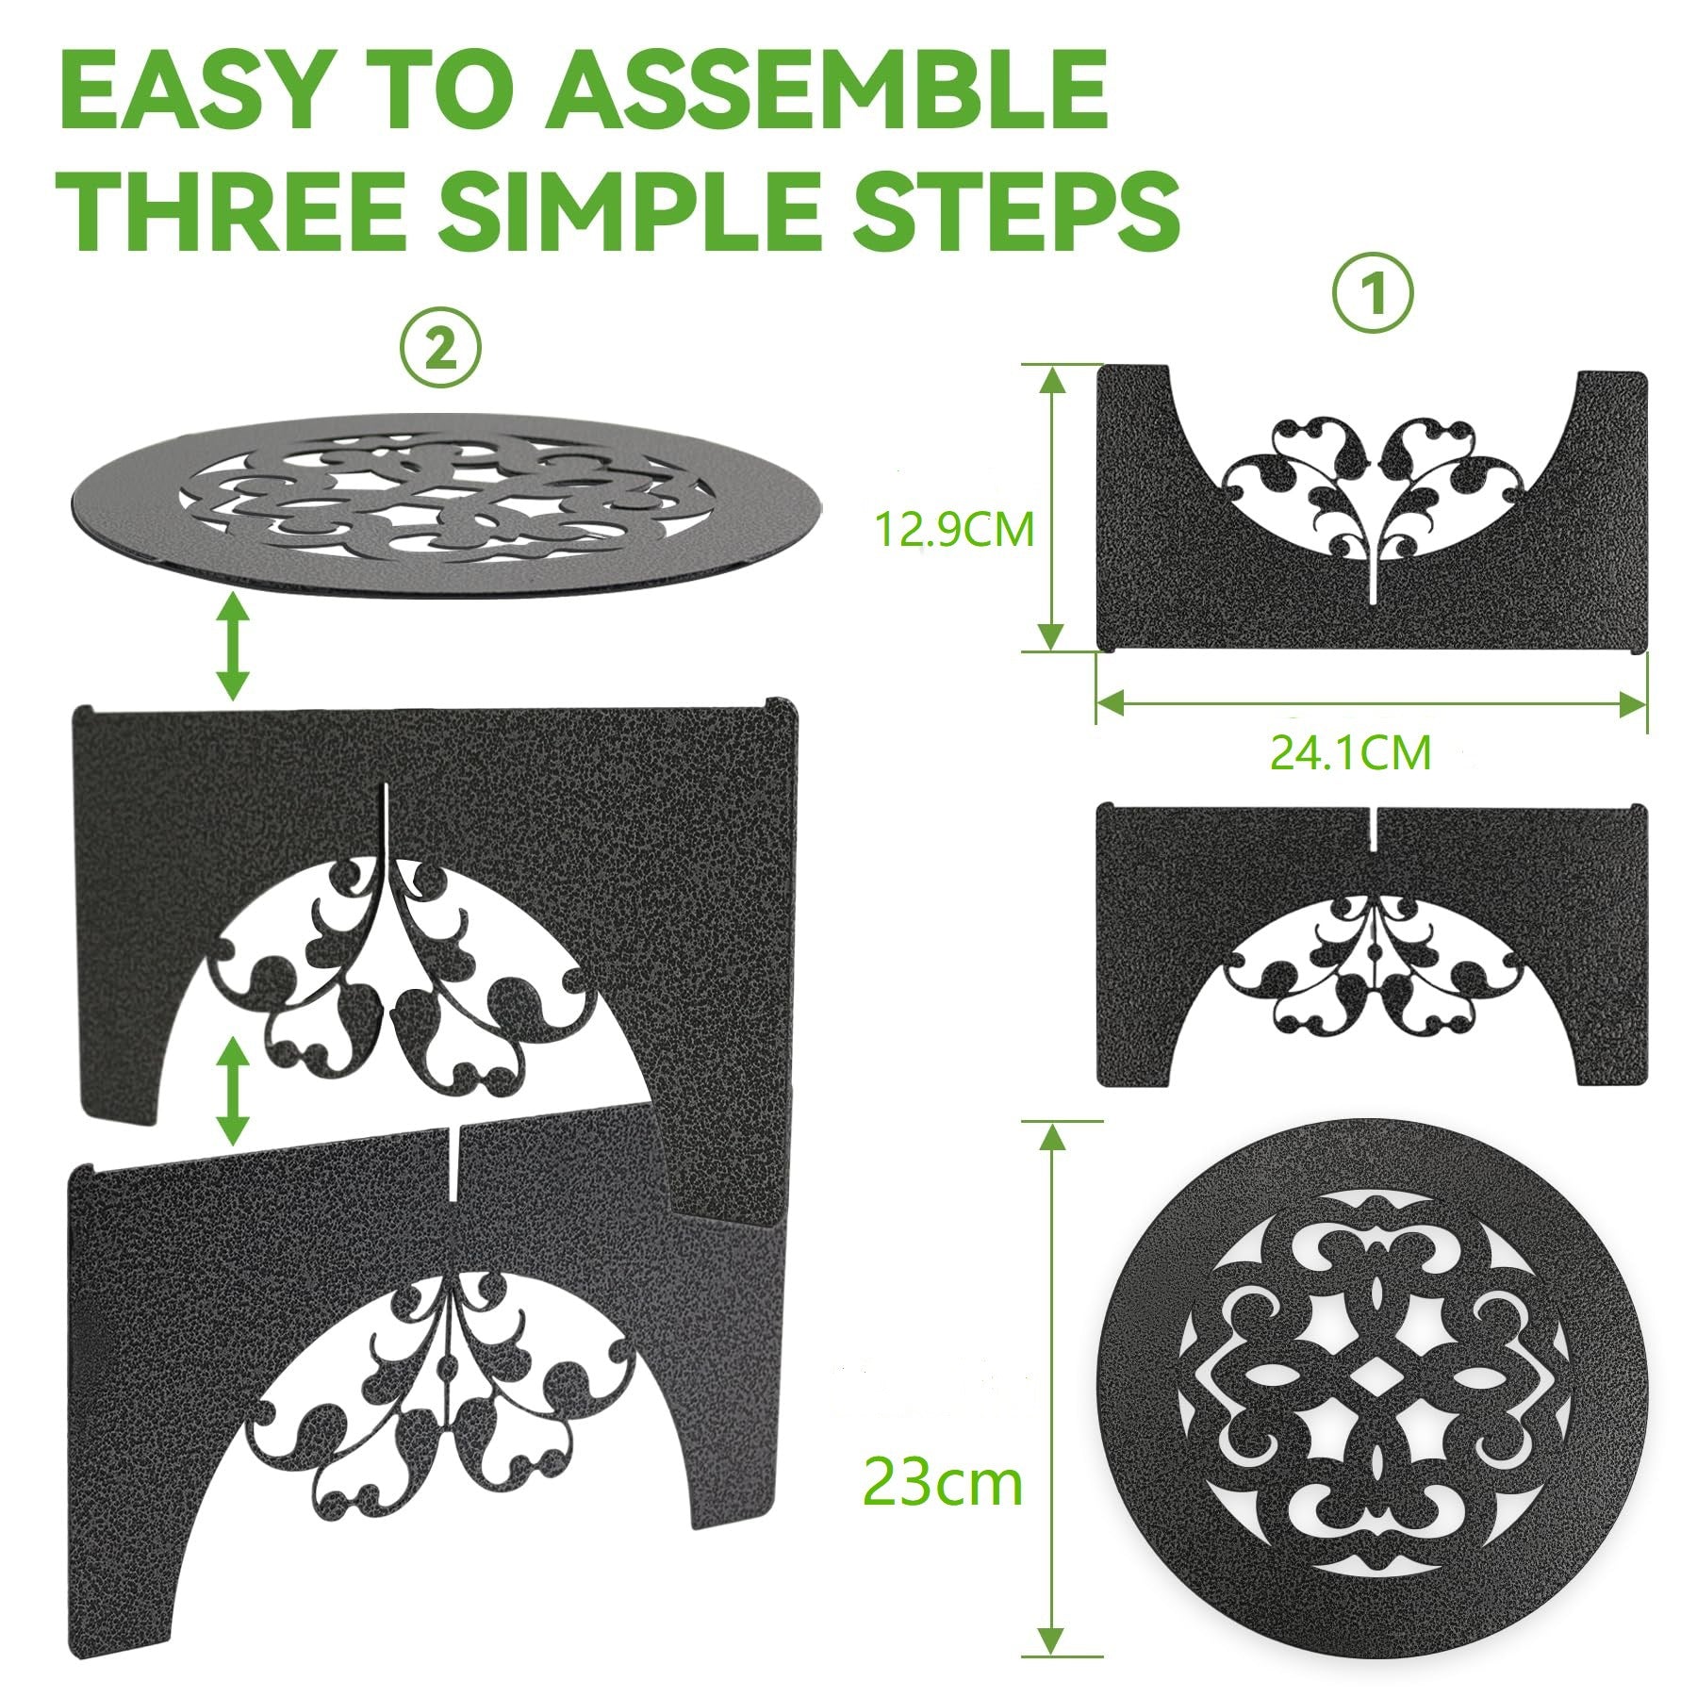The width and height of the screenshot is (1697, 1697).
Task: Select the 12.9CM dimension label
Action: [955, 531]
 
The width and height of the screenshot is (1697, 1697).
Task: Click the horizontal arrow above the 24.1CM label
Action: [1372, 702]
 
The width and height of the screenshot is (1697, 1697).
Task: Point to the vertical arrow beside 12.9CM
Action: [1053, 508]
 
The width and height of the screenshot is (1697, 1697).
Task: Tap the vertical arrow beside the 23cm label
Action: [1053, 1391]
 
